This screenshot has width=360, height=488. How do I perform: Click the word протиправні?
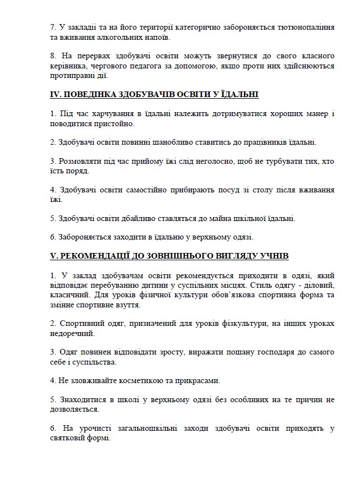coord(71,76)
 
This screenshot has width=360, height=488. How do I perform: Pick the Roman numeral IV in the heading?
coord(56,95)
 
